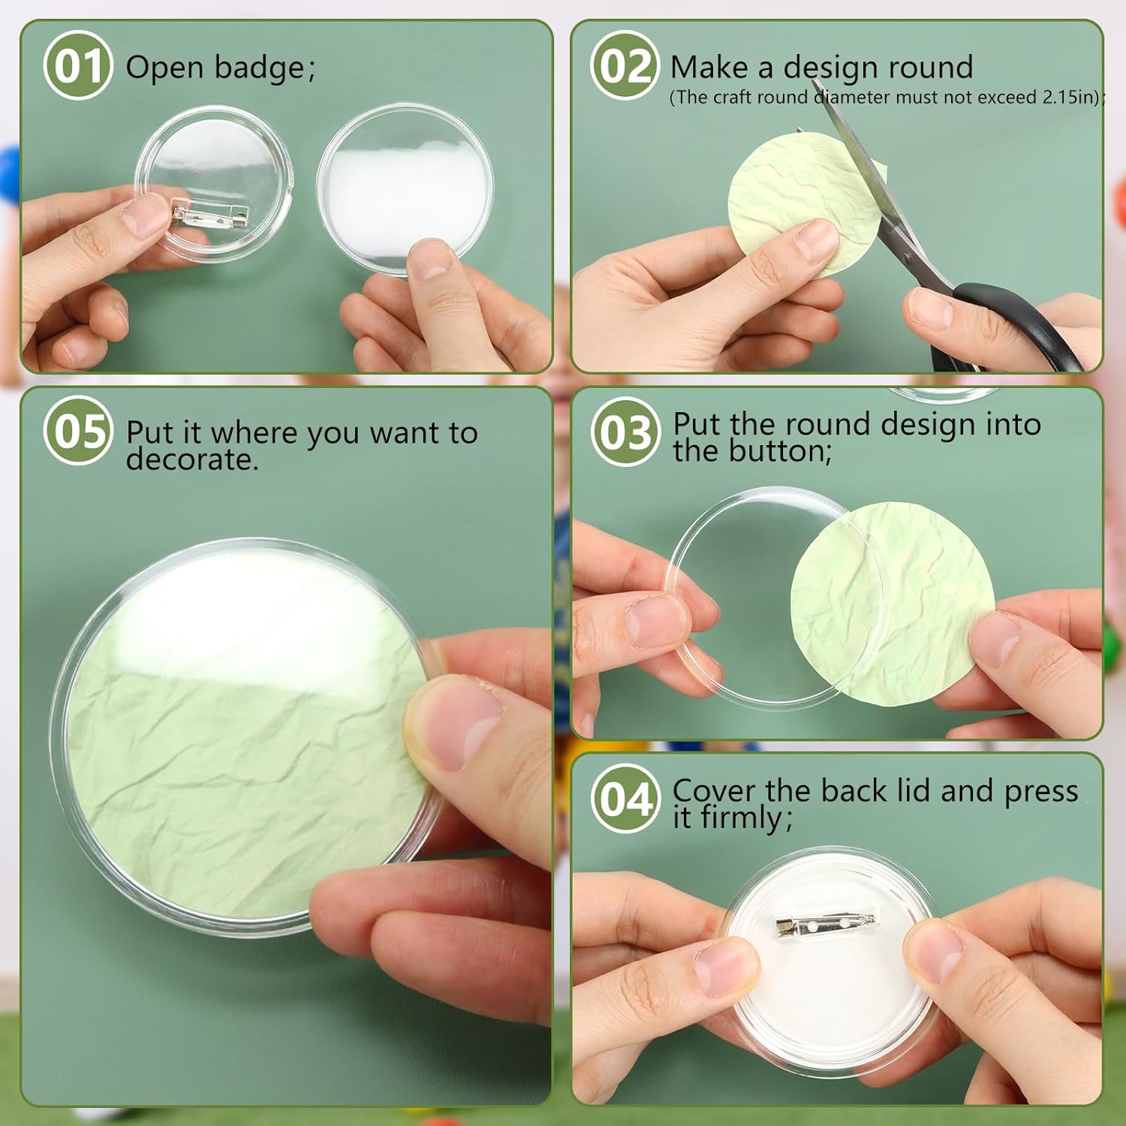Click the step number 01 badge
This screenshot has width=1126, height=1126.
[78, 66]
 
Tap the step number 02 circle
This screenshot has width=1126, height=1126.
[625, 66]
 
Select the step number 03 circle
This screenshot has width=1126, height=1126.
[625, 432]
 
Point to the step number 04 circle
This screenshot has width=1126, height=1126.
[625, 799]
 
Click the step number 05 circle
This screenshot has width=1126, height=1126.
[78, 432]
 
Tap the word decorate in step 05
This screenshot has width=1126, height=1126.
[191, 459]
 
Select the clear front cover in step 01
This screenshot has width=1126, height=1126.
[405, 188]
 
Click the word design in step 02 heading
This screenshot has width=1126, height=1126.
[841, 68]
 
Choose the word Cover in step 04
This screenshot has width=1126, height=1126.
[713, 791]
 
